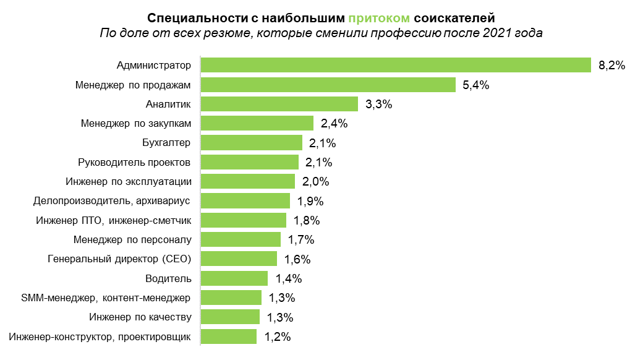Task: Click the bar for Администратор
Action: [396, 65]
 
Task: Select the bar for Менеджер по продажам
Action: [328, 85]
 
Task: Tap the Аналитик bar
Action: [279, 104]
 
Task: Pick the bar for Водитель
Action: [234, 278]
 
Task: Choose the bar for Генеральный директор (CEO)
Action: [239, 259]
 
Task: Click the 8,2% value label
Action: [612, 66]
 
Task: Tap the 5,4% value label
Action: [476, 85]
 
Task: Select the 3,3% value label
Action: [379, 105]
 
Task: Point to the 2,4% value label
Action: [334, 124]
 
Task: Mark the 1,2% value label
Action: [278, 337]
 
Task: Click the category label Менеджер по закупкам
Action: [136, 123]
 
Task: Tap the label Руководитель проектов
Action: [135, 162]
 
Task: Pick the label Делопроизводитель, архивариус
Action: [112, 201]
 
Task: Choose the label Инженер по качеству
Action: [140, 317]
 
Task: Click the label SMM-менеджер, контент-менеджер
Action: [106, 298]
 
